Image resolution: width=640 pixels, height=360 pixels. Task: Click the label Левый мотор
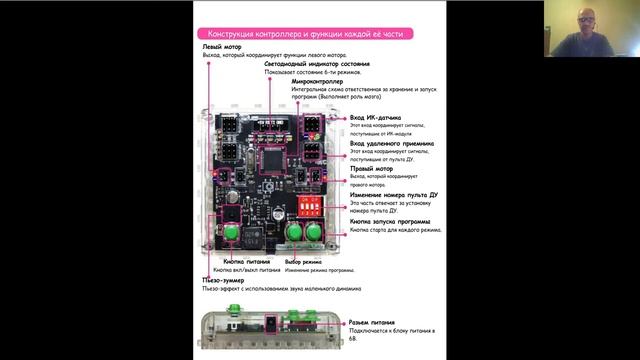(x=221, y=47)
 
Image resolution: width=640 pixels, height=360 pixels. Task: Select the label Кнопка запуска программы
(x=390, y=220)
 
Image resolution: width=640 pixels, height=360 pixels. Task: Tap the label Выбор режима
(x=301, y=261)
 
